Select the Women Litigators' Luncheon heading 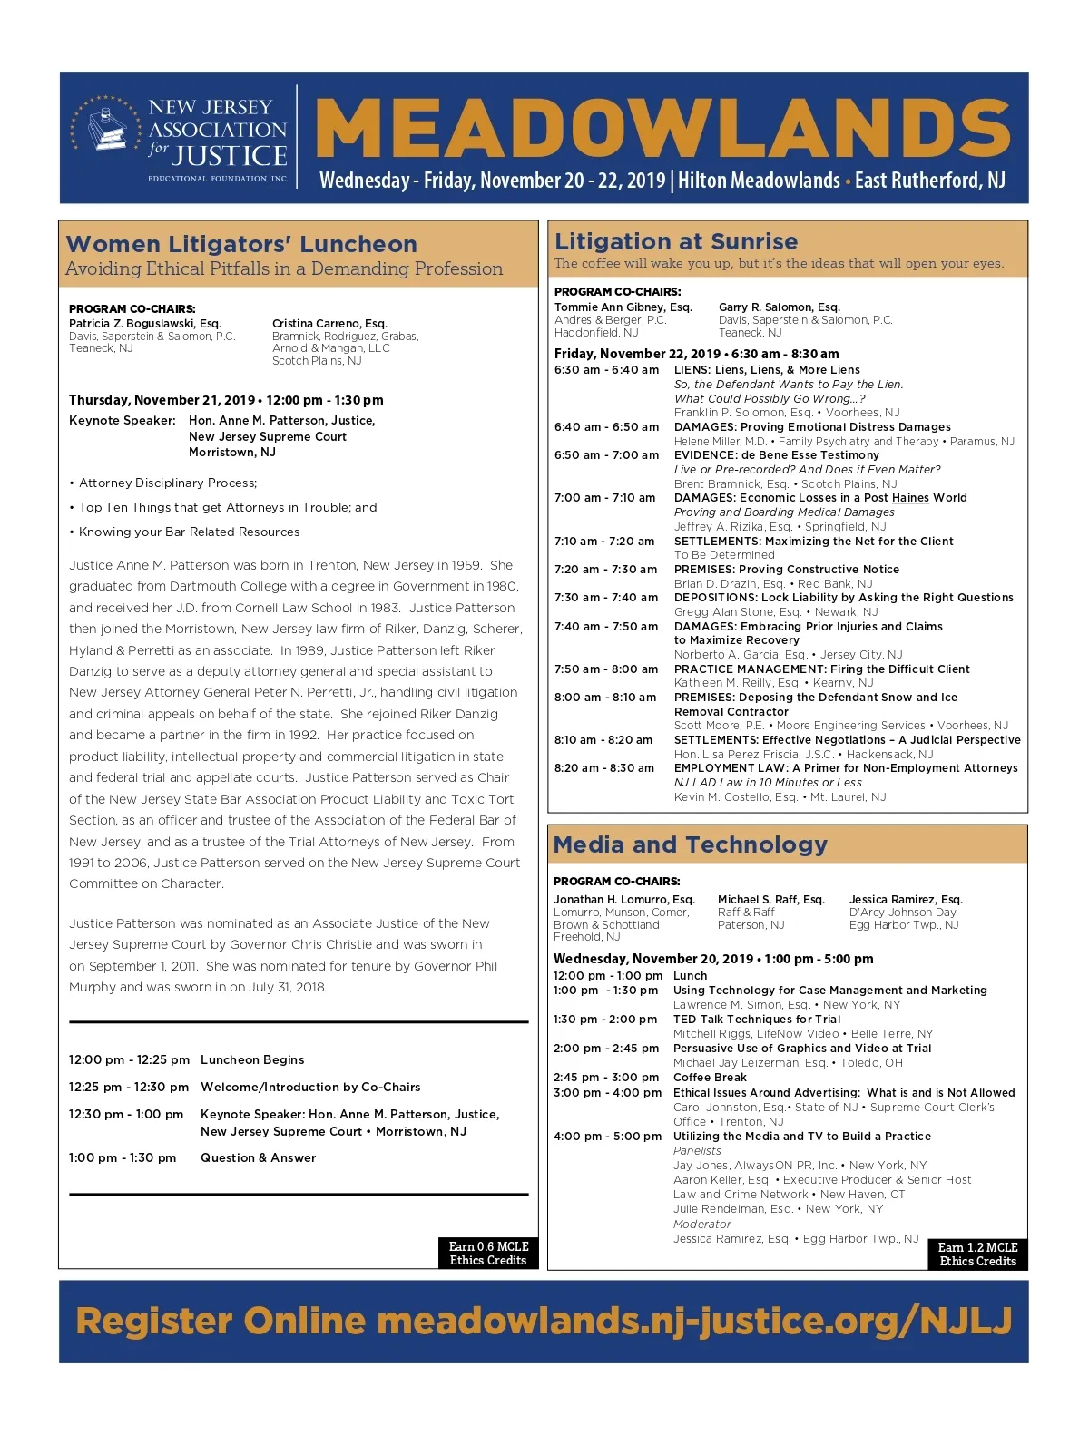coord(241,244)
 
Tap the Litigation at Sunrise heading coord(676,241)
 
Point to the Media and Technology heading coord(690,844)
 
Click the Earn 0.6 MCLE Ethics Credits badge coord(488,1253)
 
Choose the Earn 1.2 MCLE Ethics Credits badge coord(977,1254)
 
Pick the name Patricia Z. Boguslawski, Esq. coord(145,324)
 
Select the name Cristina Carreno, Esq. coord(329,324)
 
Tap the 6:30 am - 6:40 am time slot coord(606,370)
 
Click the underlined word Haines coord(910,498)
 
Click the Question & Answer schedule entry coord(258,1158)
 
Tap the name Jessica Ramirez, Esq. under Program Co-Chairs coord(906,900)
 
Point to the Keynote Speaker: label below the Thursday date coord(123,421)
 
